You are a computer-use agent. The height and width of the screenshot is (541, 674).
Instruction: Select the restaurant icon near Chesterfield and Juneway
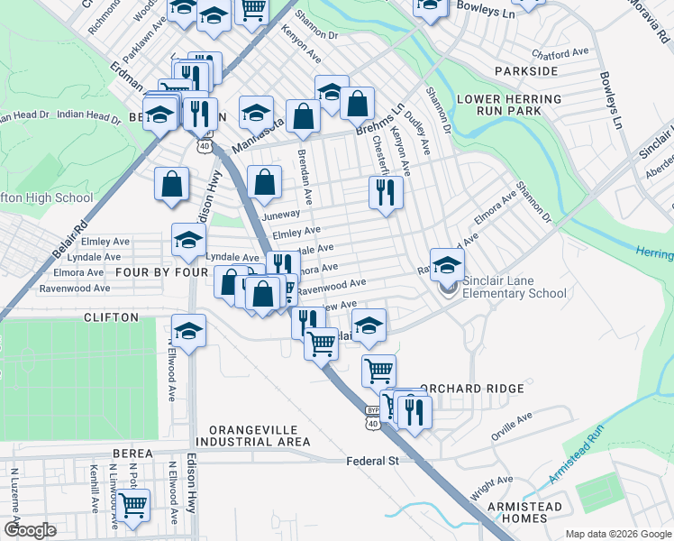[x=385, y=192]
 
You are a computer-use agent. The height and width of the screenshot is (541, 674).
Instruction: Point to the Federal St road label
[x=372, y=461]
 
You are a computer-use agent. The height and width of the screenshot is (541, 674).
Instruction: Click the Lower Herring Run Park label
[x=510, y=105]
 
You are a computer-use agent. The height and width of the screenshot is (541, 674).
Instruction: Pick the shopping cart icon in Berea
[x=133, y=507]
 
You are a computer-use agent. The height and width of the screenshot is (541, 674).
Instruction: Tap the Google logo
[x=30, y=529]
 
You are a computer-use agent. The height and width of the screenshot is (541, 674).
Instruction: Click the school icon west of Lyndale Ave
[x=188, y=241]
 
